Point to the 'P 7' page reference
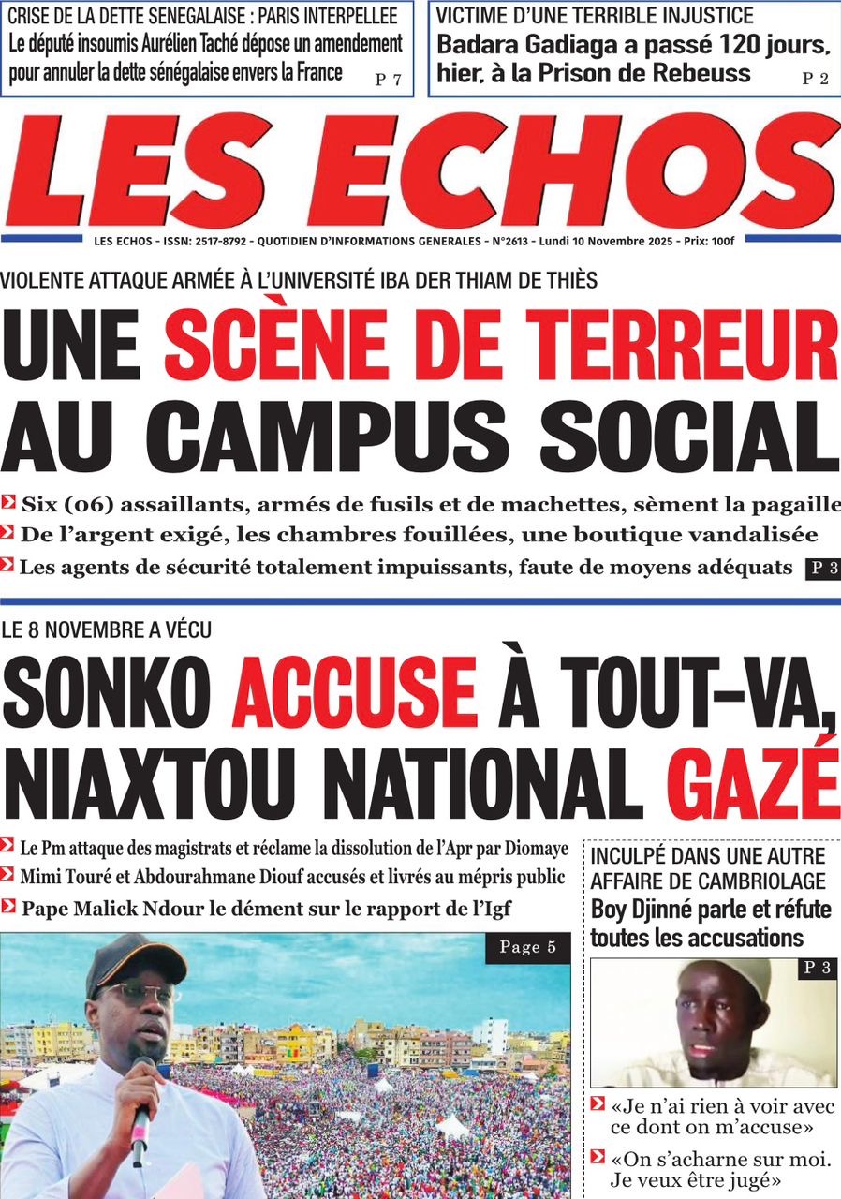point(388,80)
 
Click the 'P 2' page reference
point(815,80)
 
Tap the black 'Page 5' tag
point(527,948)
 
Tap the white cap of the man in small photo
point(726,974)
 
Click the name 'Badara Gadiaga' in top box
point(526,44)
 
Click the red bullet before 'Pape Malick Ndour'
point(9,906)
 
